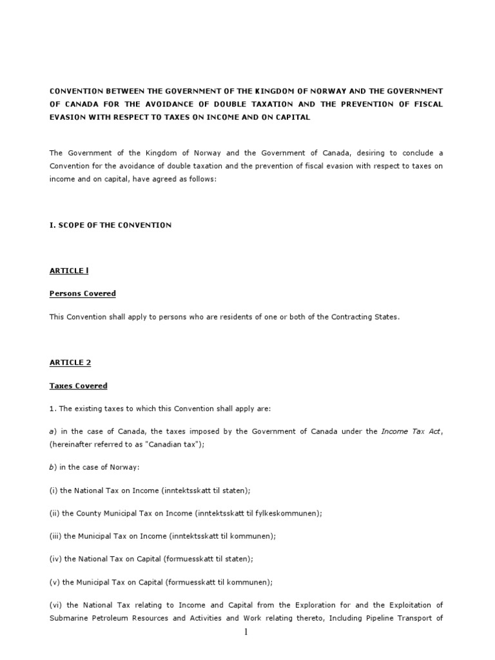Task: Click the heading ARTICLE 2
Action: pos(70,362)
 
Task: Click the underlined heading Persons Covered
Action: pos(82,293)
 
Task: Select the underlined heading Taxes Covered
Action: pos(78,385)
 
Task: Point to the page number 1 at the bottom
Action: pos(246,633)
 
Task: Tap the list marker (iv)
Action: pos(57,559)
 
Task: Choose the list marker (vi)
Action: pos(57,605)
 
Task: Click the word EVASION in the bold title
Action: pos(68,117)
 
